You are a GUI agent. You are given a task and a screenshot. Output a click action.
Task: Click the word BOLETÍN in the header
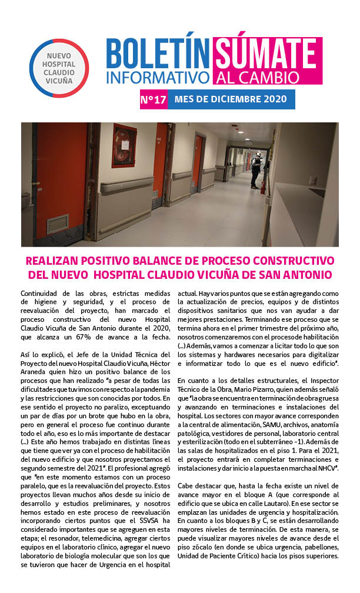(158, 54)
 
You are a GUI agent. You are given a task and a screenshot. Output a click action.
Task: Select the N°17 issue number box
(153, 99)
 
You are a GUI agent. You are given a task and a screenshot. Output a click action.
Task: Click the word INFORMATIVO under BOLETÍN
(158, 77)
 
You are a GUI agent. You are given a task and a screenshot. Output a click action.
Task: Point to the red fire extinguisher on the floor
(263, 186)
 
